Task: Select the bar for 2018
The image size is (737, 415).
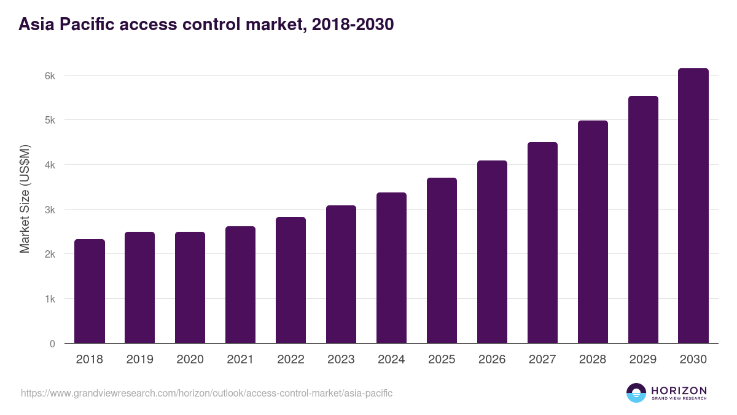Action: (90, 291)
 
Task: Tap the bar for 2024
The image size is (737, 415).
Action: (391, 268)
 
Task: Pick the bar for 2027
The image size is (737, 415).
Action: (542, 243)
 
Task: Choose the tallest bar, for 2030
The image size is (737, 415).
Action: (693, 206)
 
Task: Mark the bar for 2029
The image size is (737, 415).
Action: (643, 219)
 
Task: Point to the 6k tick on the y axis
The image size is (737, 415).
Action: (50, 76)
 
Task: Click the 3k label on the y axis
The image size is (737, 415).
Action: (50, 210)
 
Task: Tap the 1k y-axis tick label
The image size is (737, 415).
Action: (50, 299)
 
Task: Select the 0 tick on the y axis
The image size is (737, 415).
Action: (52, 344)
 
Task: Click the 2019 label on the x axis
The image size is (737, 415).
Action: (140, 360)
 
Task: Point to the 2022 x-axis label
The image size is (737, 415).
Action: (291, 360)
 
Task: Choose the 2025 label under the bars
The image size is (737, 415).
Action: (442, 360)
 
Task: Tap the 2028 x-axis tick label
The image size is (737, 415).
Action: (593, 360)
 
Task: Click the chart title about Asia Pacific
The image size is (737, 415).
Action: (206, 25)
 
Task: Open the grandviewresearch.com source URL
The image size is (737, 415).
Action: (206, 393)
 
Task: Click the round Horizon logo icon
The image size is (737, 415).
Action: (636, 393)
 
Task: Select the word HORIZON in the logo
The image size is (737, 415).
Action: (679, 390)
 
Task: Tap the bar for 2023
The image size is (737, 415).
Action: (341, 274)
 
